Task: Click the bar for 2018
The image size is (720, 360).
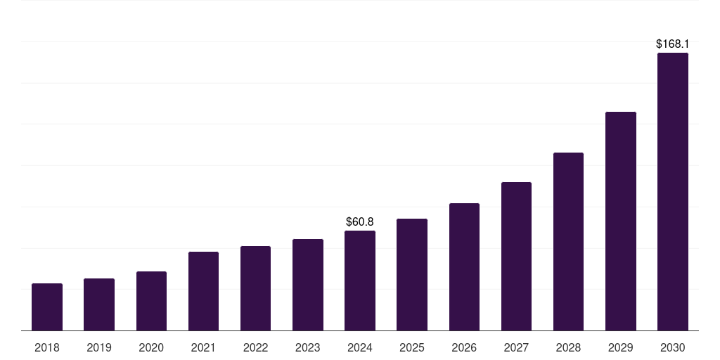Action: pos(47,307)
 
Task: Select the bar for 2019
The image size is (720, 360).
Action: pos(99,304)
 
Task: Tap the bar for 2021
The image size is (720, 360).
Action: pos(203,291)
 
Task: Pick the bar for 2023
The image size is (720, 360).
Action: pos(308,285)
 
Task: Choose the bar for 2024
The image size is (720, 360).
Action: pos(360,281)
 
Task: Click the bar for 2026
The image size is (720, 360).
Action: pos(464,267)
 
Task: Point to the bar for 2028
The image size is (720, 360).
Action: pos(568,242)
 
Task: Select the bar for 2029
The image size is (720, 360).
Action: pos(620,221)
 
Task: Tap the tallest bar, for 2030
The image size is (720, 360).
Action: pos(673,192)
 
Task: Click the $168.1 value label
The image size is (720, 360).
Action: pos(673,44)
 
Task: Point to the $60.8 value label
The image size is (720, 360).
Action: pos(360,222)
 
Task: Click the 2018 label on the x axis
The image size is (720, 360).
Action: pos(47,347)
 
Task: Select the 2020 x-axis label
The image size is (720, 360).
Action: pos(151,347)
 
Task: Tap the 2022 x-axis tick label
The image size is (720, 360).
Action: pos(255,347)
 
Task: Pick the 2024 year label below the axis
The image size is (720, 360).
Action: pos(360,347)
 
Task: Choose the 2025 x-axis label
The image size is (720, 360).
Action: pos(412,347)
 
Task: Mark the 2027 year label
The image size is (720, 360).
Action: pos(516,347)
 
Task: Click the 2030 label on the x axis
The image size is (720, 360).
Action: pos(673,347)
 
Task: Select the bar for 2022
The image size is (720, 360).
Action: pos(255,288)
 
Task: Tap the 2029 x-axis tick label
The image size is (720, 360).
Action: pos(620,347)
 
